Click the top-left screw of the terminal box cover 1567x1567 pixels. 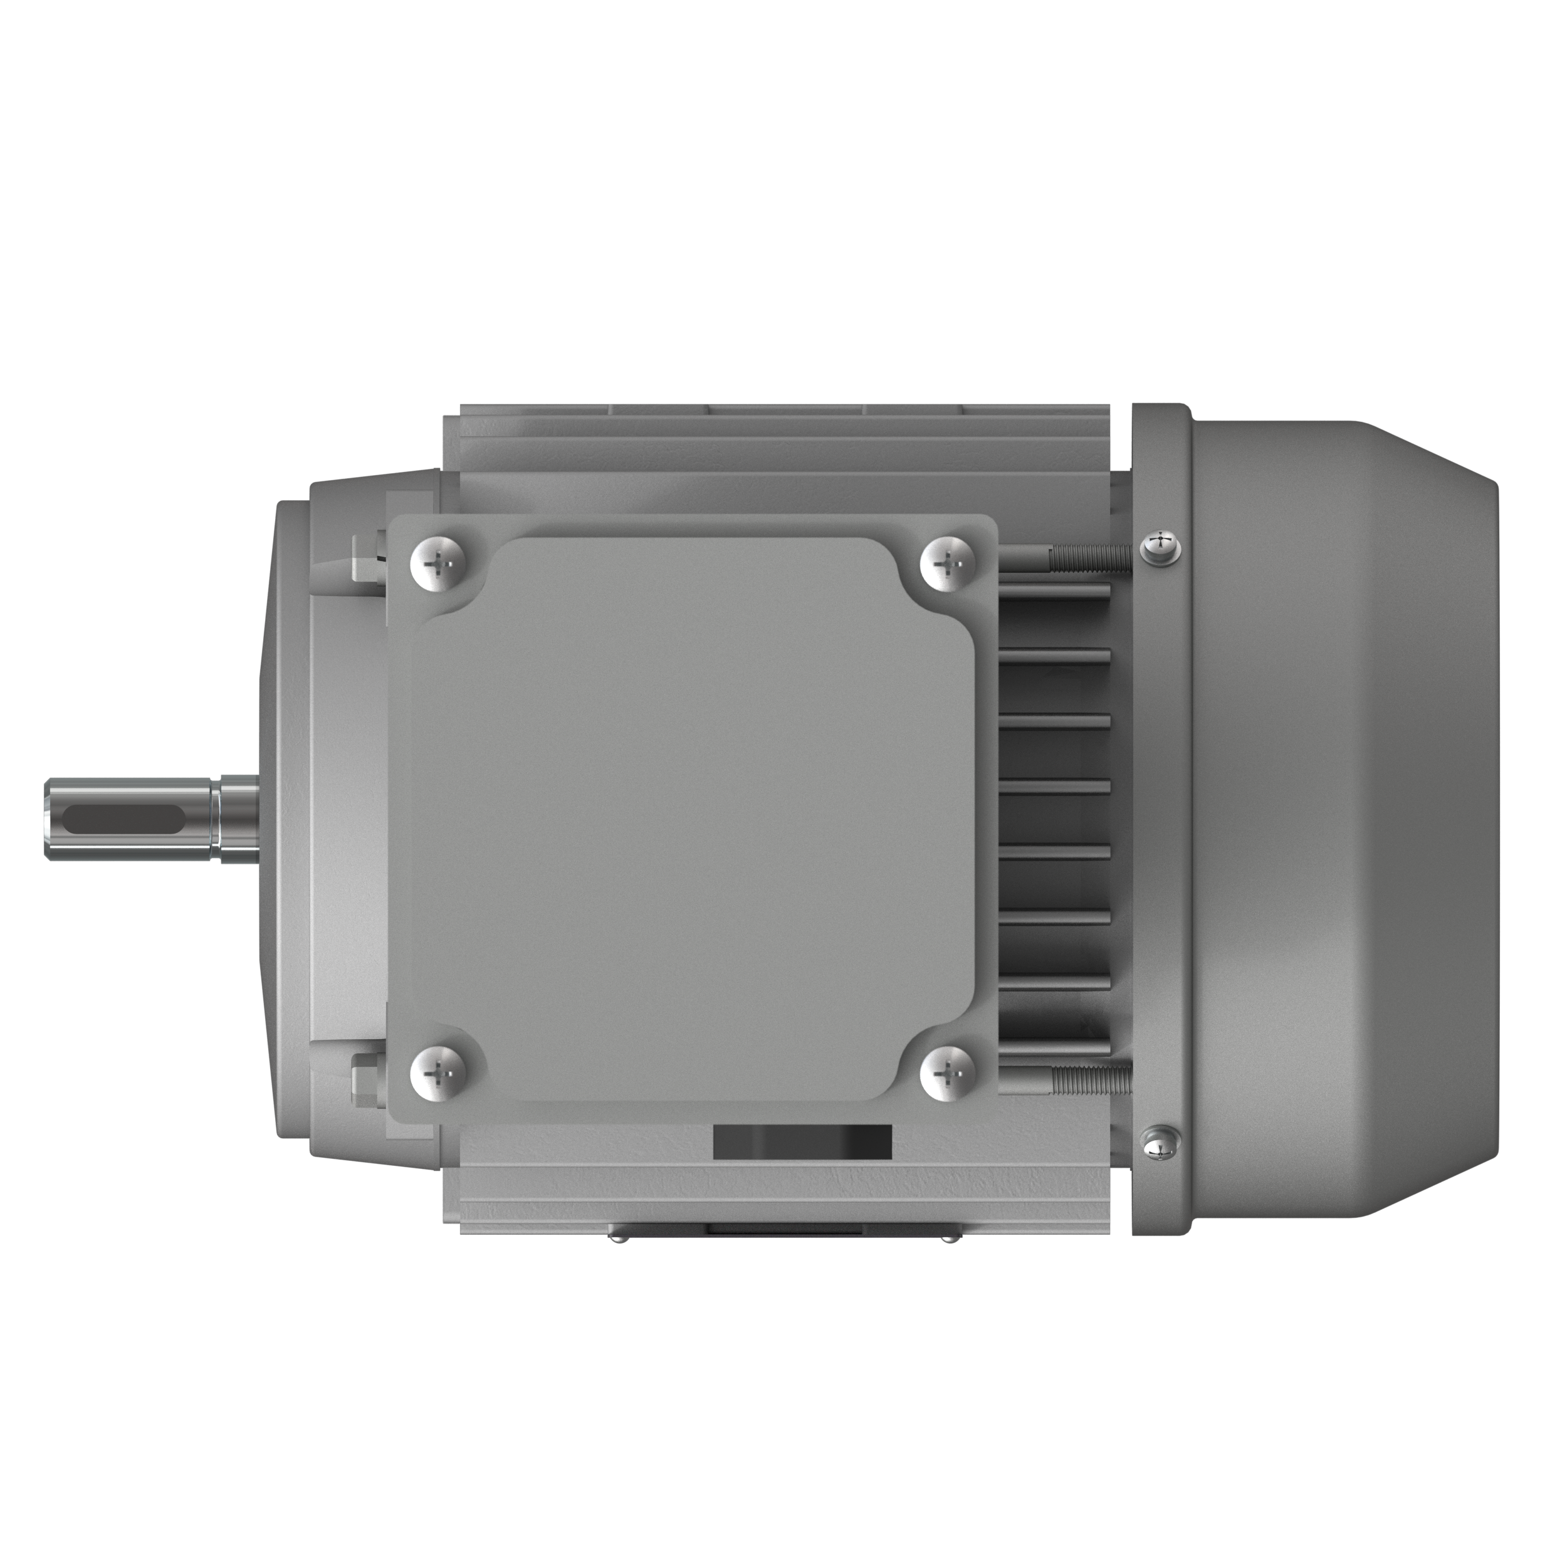point(439,561)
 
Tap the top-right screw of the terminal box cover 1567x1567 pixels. point(947,561)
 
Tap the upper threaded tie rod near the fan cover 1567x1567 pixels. point(1087,555)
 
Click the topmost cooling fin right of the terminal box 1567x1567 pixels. point(1054,590)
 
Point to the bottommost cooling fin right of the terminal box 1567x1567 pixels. point(1054,1046)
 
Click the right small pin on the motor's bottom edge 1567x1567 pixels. point(947,1260)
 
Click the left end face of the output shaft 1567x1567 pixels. point(48,819)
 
